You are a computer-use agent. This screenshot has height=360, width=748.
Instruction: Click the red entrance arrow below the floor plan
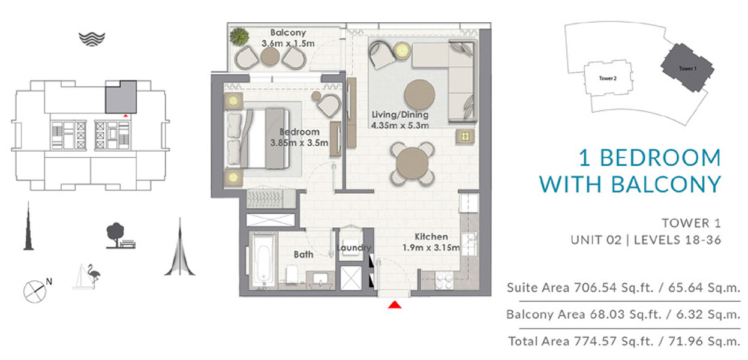point(394,305)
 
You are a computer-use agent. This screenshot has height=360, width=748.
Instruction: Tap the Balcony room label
point(288,32)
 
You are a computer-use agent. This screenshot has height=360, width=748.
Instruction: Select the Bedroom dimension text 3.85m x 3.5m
point(300,143)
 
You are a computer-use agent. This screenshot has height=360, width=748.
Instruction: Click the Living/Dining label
point(400,115)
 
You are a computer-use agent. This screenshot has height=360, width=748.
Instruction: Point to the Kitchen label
point(431,237)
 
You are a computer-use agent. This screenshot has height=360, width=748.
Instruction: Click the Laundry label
point(354,248)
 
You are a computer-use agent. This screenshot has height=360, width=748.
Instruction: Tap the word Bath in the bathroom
point(304,254)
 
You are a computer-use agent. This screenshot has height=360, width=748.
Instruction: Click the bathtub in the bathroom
point(262,262)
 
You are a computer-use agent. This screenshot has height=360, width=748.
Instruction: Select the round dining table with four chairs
point(413,163)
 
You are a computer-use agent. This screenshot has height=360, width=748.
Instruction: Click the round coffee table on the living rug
point(420,94)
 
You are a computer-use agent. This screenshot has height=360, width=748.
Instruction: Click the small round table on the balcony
point(270,56)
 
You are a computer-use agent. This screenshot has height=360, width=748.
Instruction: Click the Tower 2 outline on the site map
point(608,78)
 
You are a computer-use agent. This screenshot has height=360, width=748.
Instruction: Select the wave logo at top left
point(92,38)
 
